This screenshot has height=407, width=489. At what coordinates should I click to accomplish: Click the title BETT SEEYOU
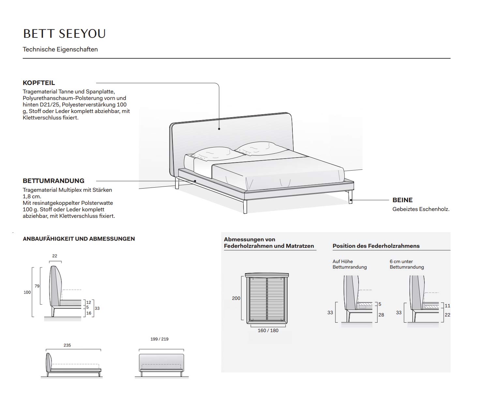(x=65, y=34)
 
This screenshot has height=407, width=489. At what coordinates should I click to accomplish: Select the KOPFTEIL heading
(x=39, y=83)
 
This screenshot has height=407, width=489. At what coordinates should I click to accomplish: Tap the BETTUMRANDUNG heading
(x=53, y=181)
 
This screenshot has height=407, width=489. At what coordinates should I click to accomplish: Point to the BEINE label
(x=402, y=200)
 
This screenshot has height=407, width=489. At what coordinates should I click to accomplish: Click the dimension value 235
(x=67, y=345)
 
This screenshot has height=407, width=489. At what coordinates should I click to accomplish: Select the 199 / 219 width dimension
(x=159, y=339)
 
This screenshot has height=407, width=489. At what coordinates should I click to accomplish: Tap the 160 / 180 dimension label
(x=268, y=330)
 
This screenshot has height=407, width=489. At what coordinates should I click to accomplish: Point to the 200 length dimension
(x=236, y=298)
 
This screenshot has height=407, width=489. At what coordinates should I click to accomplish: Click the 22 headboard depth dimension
(x=55, y=256)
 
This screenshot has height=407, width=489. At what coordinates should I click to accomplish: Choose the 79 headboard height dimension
(x=37, y=286)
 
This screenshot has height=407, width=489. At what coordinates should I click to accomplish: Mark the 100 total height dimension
(x=27, y=292)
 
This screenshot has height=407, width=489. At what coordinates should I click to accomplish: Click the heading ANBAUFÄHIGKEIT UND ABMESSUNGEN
(x=79, y=239)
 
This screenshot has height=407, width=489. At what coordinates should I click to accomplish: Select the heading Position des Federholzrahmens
(x=376, y=246)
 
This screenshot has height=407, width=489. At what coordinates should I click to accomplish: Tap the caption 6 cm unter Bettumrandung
(x=407, y=264)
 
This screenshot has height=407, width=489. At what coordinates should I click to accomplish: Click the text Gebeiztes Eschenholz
(x=421, y=209)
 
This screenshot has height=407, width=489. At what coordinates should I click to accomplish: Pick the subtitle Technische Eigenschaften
(x=60, y=49)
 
